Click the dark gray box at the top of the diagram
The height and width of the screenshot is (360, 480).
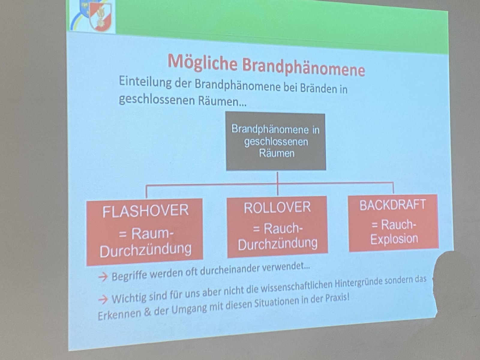click(x=276, y=141)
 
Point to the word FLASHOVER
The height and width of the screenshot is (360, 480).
click(x=145, y=211)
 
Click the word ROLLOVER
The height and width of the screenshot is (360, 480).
click(x=277, y=208)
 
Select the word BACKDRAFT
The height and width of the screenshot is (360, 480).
click(x=393, y=205)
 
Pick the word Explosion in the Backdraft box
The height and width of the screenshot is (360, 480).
click(x=394, y=239)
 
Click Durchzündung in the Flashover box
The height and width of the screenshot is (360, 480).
click(x=145, y=250)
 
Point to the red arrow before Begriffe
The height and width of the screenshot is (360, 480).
click(x=103, y=277)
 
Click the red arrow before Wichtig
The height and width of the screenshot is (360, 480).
click(x=103, y=299)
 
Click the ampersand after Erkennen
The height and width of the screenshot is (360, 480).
click(x=148, y=313)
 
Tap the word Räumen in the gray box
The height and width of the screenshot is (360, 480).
click(x=277, y=153)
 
